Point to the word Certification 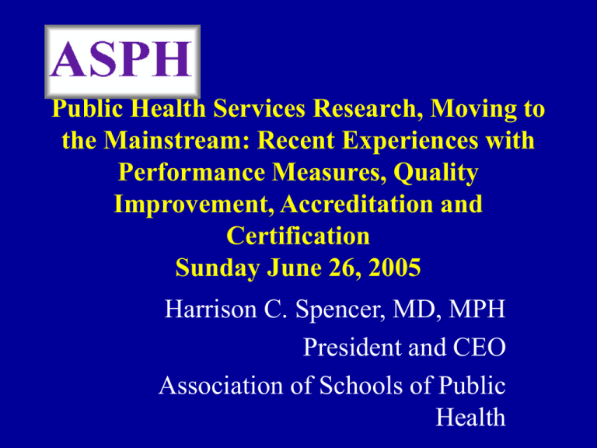pyautogui.click(x=298, y=236)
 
